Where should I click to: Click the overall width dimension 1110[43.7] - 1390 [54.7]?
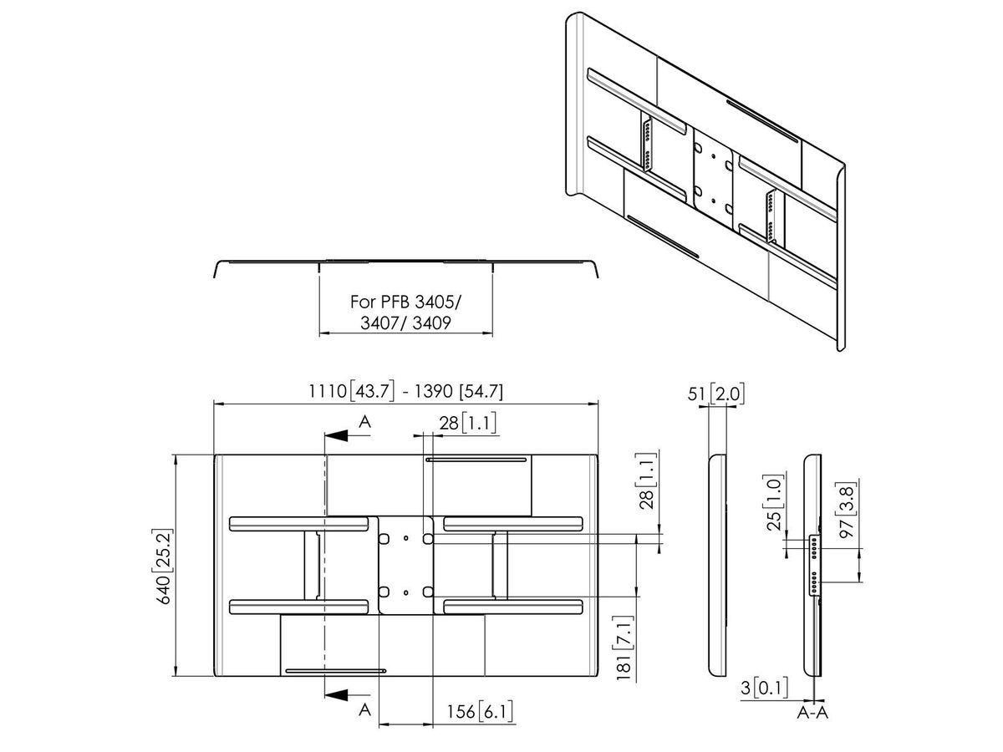click(x=405, y=391)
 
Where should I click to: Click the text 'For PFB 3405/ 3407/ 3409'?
click(x=404, y=312)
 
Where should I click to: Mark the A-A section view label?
click(x=813, y=712)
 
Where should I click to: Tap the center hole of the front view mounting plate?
click(x=405, y=565)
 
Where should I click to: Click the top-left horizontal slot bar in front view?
click(x=298, y=523)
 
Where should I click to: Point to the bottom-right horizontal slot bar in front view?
click(x=512, y=607)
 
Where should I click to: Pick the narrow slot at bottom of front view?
click(x=335, y=670)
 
